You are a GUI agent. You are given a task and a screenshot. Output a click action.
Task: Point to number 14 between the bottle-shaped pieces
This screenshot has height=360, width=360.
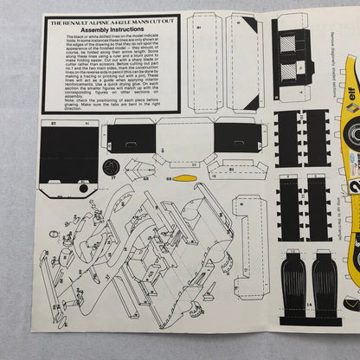tap(307, 329)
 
